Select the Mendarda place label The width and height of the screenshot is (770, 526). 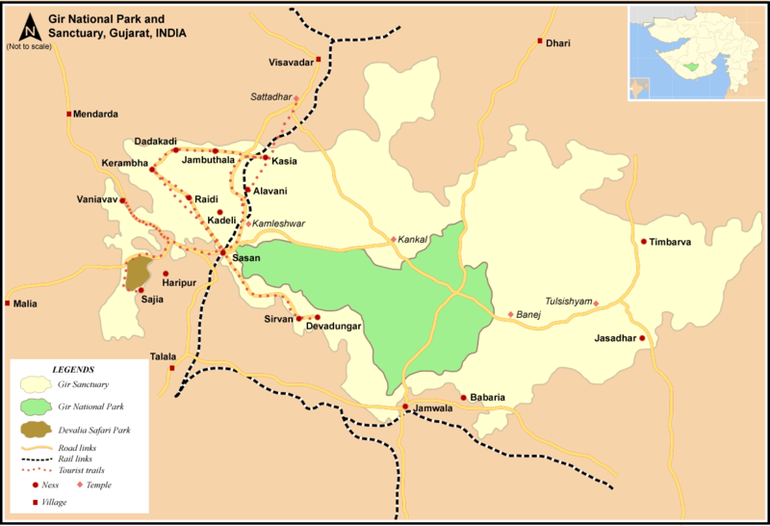pos(95,114)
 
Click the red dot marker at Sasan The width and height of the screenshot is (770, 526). pos(222,252)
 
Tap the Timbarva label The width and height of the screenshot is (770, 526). pos(671,242)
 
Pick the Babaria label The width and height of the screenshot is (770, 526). pos(488,397)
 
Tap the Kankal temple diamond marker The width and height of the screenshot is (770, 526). pos(393,239)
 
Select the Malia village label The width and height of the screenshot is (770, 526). pos(25,303)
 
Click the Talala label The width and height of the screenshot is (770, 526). pos(164,357)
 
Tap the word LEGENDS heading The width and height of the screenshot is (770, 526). pos(74,369)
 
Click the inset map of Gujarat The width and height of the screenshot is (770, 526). pos(696,52)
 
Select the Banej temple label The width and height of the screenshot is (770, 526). pos(530,314)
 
